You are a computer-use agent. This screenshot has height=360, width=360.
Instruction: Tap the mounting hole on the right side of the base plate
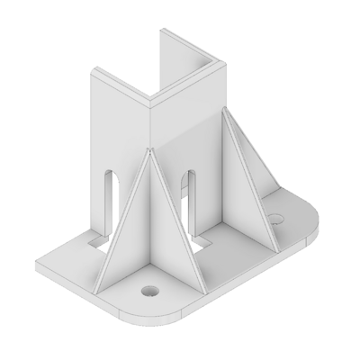[277, 218]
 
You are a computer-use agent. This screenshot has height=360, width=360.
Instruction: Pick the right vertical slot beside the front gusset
[189, 192]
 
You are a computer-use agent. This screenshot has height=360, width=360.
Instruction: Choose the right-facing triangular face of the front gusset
[171, 225]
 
